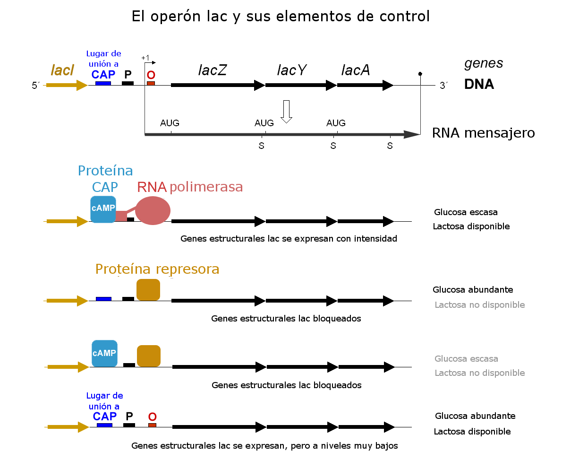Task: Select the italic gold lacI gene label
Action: (x=62, y=70)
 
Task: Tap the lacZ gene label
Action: (x=213, y=70)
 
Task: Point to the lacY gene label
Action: (x=291, y=70)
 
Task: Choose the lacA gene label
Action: (x=355, y=70)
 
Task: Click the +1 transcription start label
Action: (x=145, y=58)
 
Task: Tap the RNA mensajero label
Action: (x=483, y=133)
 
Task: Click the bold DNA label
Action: (x=479, y=85)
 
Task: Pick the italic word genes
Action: (x=484, y=63)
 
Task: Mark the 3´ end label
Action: (x=444, y=86)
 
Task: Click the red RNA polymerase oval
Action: (x=153, y=210)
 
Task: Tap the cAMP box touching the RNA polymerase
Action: (x=103, y=209)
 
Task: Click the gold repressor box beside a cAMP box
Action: (x=149, y=356)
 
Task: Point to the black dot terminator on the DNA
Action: (x=420, y=74)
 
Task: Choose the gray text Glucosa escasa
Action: (x=466, y=359)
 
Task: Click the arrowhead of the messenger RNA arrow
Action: (x=412, y=135)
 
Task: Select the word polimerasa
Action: (x=206, y=187)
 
